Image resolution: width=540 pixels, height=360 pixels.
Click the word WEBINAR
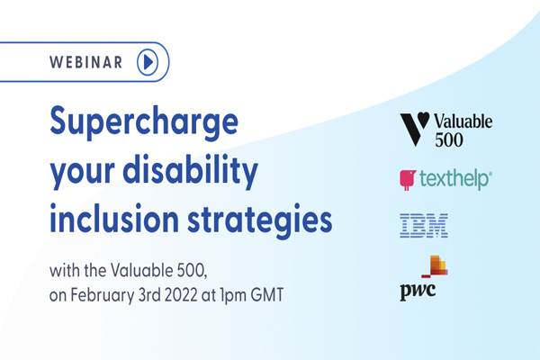click(x=85, y=62)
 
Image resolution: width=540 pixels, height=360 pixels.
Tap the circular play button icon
click(x=148, y=62)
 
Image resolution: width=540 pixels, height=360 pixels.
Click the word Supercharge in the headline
click(x=144, y=122)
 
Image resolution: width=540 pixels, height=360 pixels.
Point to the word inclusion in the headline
click(x=114, y=219)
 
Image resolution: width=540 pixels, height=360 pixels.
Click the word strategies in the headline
click(x=260, y=220)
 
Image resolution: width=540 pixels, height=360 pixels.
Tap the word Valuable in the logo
click(x=463, y=121)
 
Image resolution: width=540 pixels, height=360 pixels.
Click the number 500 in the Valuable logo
click(x=449, y=139)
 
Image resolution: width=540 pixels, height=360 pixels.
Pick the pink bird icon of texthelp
click(x=408, y=179)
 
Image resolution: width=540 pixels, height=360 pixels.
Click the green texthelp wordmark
click(x=455, y=179)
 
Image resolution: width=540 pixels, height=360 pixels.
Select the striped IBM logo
click(x=424, y=226)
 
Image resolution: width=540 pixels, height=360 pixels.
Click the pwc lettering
click(x=418, y=292)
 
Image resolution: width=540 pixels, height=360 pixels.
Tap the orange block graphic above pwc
click(x=435, y=266)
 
